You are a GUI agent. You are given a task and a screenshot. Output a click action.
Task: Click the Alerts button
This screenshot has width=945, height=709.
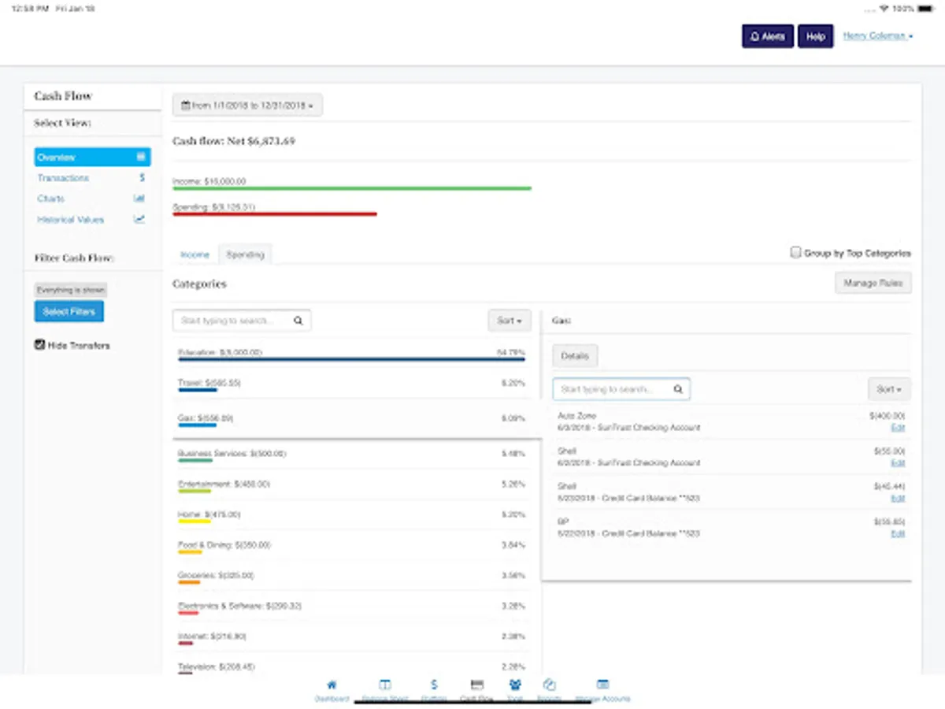coord(767,36)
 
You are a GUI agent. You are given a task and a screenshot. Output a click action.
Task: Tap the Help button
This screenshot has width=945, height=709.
coord(815,36)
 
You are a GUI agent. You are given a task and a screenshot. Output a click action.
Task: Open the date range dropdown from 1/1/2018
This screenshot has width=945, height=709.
coord(247,105)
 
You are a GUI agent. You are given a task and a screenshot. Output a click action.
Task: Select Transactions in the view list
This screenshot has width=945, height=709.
coord(64,178)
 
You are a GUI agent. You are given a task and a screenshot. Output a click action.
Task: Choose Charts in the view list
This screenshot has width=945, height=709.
coord(51,199)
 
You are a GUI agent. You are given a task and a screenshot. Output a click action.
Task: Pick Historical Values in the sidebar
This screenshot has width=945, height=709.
coord(71,220)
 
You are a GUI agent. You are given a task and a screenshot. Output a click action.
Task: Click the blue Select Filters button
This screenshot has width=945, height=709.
coord(69,312)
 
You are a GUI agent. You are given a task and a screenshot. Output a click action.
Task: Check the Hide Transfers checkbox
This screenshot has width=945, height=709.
coord(40,345)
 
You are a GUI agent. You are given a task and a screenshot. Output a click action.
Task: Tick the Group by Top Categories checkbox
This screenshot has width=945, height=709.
coord(795,253)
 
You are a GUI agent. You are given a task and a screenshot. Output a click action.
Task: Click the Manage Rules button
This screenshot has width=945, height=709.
coord(873,283)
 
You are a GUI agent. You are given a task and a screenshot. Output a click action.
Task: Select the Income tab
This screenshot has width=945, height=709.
coord(195,254)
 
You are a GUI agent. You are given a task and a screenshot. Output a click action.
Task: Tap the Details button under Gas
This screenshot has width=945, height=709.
coord(574,356)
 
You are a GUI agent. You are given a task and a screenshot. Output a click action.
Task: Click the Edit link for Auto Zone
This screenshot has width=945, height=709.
coord(898,428)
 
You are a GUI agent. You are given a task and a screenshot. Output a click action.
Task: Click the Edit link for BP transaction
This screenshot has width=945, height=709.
coord(898,534)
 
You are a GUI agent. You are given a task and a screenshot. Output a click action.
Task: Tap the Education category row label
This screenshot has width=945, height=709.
coord(220,352)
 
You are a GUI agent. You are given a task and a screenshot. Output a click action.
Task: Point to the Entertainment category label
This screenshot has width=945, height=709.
coord(224,484)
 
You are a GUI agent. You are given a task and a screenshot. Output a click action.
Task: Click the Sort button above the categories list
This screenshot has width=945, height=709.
coord(509,321)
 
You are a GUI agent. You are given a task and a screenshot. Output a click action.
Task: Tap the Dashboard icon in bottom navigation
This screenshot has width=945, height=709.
coord(332,689)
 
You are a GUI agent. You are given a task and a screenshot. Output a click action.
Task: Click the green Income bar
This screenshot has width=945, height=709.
coord(352,188)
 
